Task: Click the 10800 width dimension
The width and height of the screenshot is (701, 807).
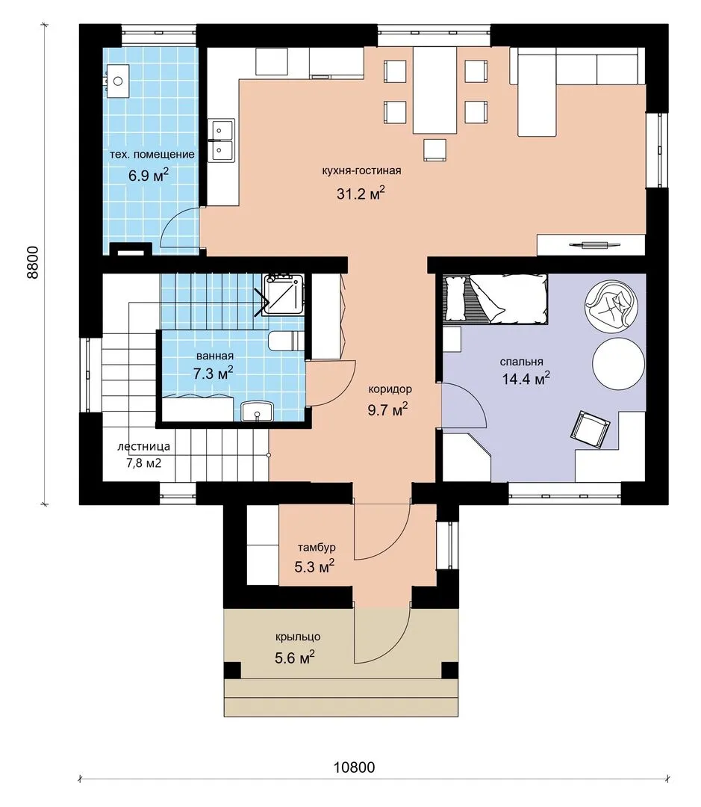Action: click(x=354, y=767)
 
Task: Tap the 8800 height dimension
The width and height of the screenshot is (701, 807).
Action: click(x=32, y=262)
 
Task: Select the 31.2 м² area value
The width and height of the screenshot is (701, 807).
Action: click(x=361, y=194)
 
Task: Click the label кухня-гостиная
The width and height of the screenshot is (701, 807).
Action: click(x=361, y=171)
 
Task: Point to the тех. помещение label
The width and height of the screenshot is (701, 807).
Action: click(x=152, y=155)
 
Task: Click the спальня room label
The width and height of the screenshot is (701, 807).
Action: click(x=522, y=362)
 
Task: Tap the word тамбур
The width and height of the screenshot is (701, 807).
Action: click(x=317, y=548)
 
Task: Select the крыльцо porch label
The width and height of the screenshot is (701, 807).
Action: click(x=298, y=637)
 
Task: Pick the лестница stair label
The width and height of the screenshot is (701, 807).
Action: click(x=143, y=447)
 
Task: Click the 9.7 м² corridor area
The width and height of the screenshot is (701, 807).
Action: click(x=387, y=410)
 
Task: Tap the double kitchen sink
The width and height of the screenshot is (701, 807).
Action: click(x=221, y=140)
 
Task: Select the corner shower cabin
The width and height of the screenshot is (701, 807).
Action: click(x=283, y=295)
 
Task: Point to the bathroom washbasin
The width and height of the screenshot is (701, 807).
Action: click(x=257, y=412)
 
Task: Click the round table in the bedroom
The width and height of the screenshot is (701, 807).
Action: click(x=618, y=363)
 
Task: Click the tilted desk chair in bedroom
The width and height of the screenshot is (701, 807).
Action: click(x=590, y=429)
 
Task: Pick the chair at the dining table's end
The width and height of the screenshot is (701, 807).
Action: click(x=435, y=149)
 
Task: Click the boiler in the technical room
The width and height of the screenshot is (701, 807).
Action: click(x=118, y=81)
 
